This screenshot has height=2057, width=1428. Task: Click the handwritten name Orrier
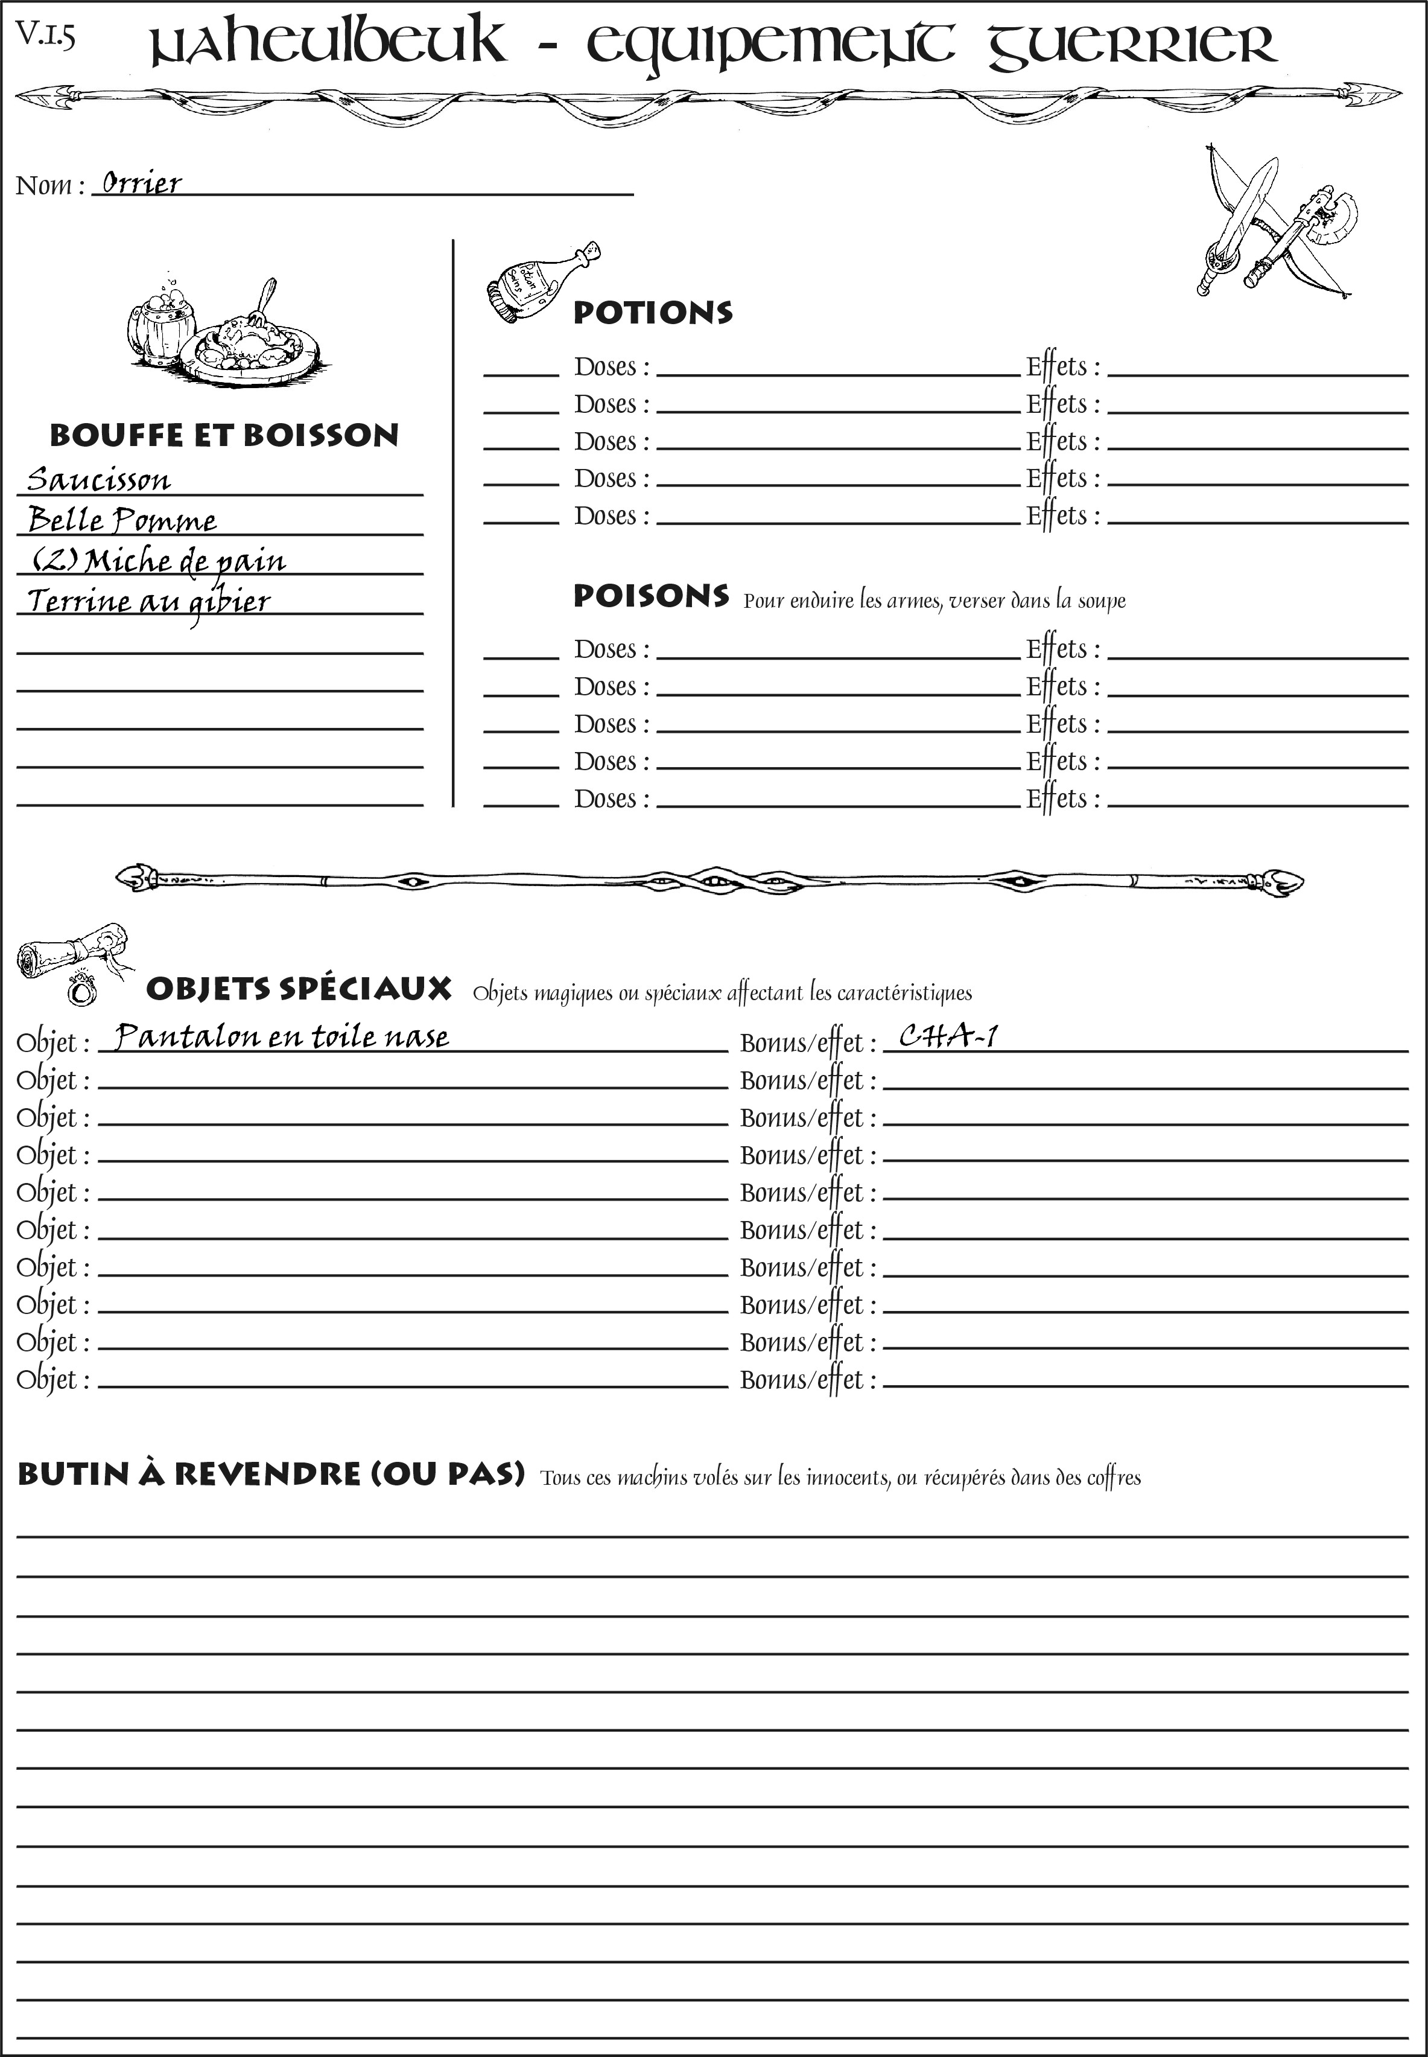point(141,183)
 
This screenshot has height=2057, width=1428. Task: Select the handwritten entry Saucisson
point(98,480)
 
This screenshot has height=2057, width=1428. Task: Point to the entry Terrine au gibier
point(148,601)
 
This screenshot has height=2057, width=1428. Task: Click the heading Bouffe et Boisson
point(224,435)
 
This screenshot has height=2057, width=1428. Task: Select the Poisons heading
point(650,596)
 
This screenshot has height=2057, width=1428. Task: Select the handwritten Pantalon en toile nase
point(282,1036)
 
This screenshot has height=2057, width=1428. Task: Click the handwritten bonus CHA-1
point(948,1036)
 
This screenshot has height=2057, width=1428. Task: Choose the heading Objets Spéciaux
point(298,989)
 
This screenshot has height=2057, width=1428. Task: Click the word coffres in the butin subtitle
point(1113,1478)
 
